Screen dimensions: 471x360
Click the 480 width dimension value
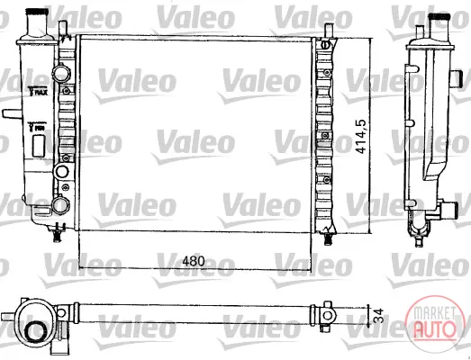tap(194, 261)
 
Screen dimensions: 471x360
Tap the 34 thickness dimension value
tap(379, 316)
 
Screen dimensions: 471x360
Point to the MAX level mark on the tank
tap(38, 91)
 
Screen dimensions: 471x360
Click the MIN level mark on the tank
tap(37, 127)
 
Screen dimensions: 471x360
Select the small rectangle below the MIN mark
tap(39, 146)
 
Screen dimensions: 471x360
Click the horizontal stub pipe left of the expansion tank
tap(12, 113)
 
